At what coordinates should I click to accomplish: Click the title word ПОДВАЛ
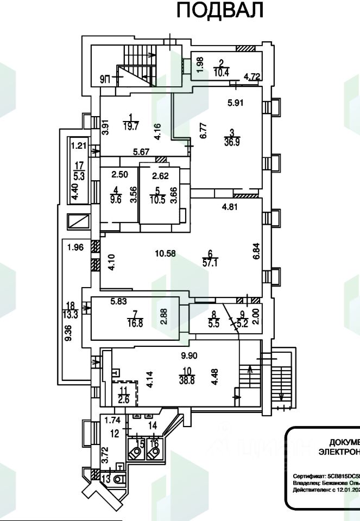(x=220, y=10)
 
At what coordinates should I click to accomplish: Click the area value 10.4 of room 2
(x=221, y=71)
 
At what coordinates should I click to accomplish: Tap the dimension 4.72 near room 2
(x=251, y=77)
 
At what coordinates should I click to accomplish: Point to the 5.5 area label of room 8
(x=213, y=321)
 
